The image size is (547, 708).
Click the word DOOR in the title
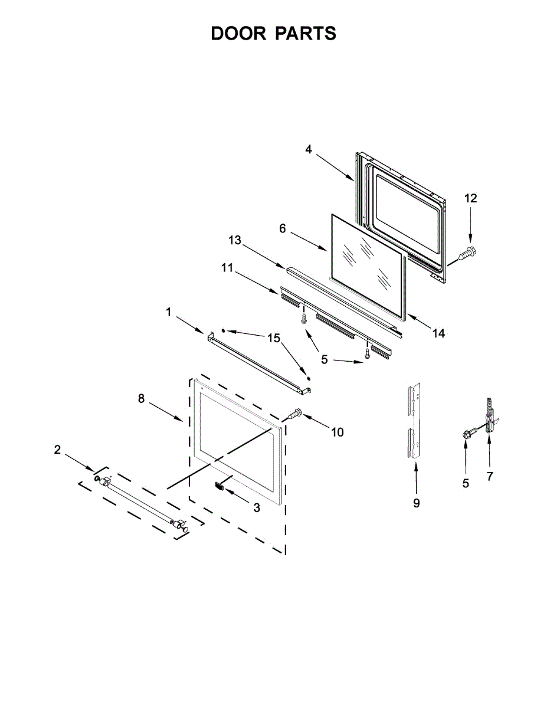coord(238,34)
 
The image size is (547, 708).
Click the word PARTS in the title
coord(305,34)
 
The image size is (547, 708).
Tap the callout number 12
coord(470,198)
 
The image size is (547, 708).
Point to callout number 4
coord(309,149)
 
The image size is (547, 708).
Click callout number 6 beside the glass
coord(283,228)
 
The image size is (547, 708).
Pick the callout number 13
coord(235,240)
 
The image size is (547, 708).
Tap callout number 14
coord(438,333)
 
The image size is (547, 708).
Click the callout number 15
coord(273,337)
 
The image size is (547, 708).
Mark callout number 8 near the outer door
coord(141,398)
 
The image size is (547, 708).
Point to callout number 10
coord(337,432)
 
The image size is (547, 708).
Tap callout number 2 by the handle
coord(57,450)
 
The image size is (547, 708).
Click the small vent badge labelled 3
coord(220,486)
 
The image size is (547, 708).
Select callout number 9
coord(416,503)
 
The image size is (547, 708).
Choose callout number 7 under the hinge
coord(490,477)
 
